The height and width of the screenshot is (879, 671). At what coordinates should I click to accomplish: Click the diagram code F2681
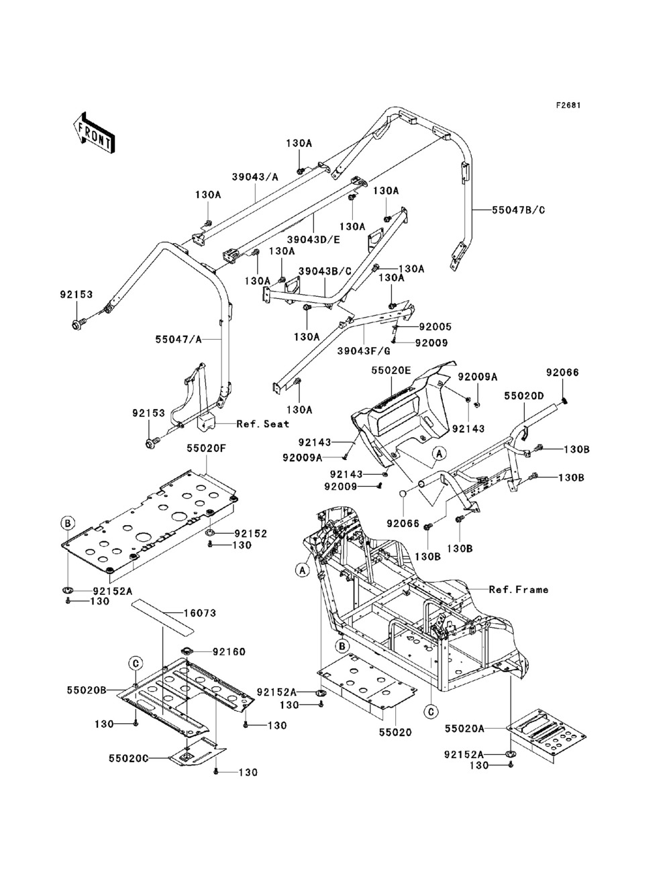[567, 105]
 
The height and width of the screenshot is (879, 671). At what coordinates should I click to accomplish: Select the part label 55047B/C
[519, 210]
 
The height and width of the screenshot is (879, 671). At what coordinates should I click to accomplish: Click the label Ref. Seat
[262, 424]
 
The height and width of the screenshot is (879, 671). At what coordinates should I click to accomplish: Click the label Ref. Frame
[518, 590]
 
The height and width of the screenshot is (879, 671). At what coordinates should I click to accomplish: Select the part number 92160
[229, 651]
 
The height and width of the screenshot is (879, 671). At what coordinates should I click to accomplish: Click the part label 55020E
[391, 370]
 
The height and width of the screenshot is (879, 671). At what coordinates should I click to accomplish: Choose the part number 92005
[435, 327]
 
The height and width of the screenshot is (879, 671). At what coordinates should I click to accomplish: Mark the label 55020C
[128, 757]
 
